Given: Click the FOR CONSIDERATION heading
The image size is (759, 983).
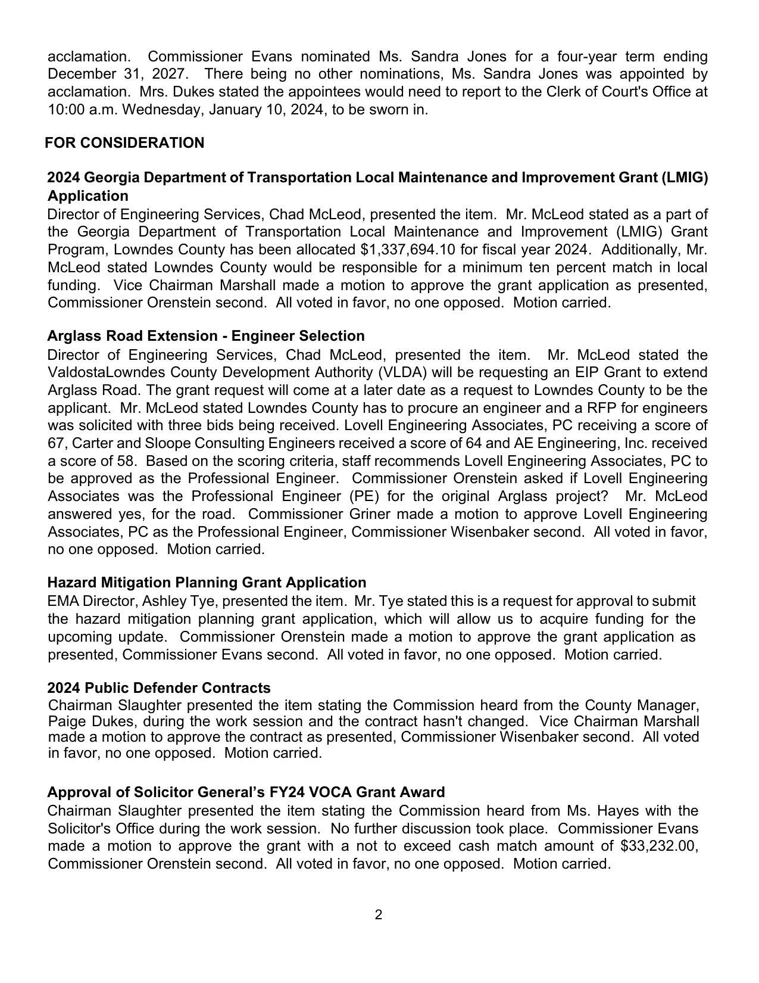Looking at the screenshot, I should point(124,143).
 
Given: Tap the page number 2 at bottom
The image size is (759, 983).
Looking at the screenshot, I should point(379,914).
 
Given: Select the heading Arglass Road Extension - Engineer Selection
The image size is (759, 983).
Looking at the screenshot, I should point(206,336).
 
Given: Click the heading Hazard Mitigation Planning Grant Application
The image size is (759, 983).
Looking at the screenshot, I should point(207,583).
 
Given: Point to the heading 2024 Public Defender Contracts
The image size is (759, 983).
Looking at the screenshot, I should point(159,688).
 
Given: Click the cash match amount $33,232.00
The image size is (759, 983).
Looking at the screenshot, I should point(658,847).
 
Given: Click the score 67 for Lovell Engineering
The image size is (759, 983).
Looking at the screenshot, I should point(56,444).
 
